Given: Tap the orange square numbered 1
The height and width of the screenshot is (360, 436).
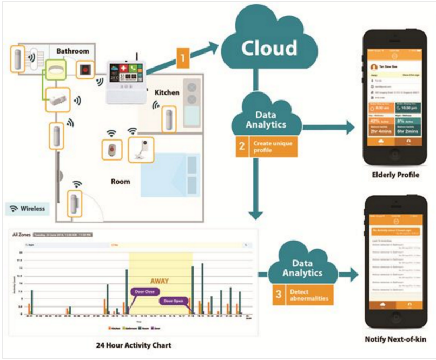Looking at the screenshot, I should (x=183, y=57).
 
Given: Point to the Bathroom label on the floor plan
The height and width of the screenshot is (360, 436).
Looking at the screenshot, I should (x=74, y=50).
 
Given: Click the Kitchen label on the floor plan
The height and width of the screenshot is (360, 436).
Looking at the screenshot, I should (x=167, y=92).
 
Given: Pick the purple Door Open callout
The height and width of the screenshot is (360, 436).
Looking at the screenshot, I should (x=175, y=301).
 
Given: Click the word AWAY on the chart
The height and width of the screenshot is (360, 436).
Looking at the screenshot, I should (x=159, y=281).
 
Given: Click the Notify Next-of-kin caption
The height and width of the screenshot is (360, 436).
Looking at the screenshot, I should (x=386, y=339).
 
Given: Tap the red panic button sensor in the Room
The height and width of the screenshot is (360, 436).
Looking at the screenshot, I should (x=112, y=148).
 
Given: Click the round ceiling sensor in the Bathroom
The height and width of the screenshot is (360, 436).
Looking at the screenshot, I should (x=55, y=68).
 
